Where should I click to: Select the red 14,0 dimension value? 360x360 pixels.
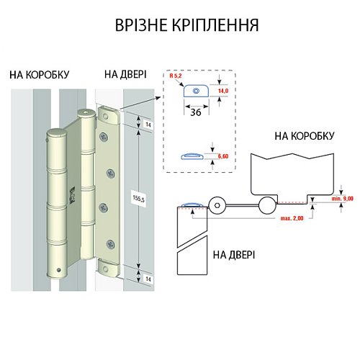223,92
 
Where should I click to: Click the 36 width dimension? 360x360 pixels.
194,112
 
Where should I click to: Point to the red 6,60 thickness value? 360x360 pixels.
223,156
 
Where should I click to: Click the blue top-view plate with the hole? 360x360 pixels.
195,91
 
